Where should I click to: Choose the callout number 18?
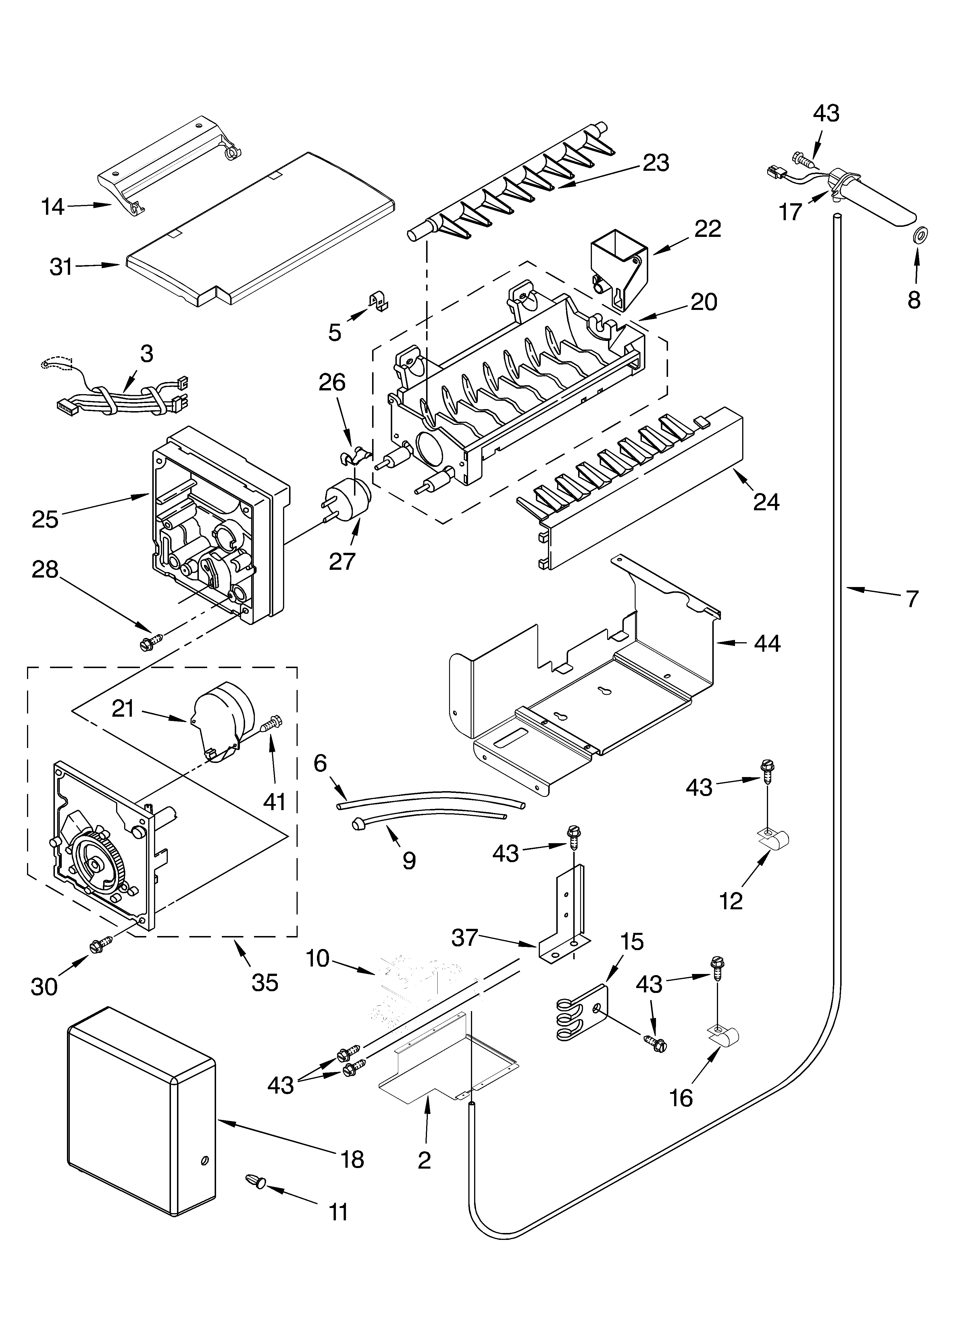click(x=352, y=1159)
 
